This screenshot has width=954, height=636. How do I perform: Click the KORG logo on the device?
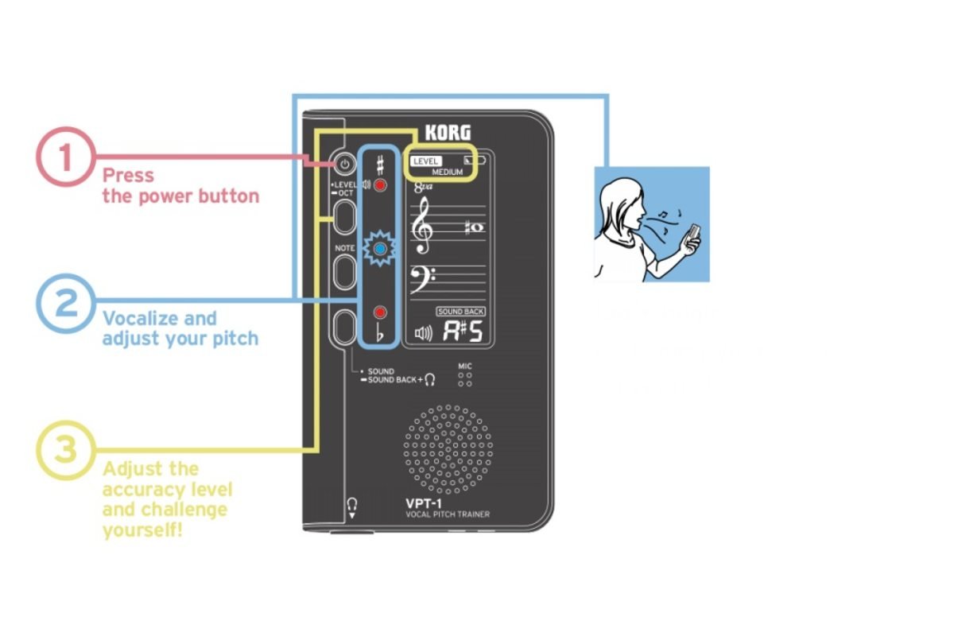tap(448, 133)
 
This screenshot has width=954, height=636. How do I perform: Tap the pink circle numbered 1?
tap(65, 157)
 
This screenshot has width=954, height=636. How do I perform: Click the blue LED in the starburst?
tap(381, 250)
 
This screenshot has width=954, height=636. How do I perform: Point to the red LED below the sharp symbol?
tap(381, 186)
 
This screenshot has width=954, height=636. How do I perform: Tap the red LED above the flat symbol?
tap(381, 312)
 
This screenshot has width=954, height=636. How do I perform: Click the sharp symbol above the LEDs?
tap(381, 165)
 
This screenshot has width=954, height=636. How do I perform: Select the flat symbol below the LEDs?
tap(381, 335)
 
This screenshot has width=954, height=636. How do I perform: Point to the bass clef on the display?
tap(421, 280)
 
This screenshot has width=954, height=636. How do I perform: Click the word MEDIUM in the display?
tap(448, 172)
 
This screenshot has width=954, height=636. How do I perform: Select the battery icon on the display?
tap(475, 160)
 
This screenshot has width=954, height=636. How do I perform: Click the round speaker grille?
tap(448, 448)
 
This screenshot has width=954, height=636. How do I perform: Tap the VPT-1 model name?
tap(425, 503)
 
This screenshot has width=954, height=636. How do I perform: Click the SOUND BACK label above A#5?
tap(461, 312)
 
